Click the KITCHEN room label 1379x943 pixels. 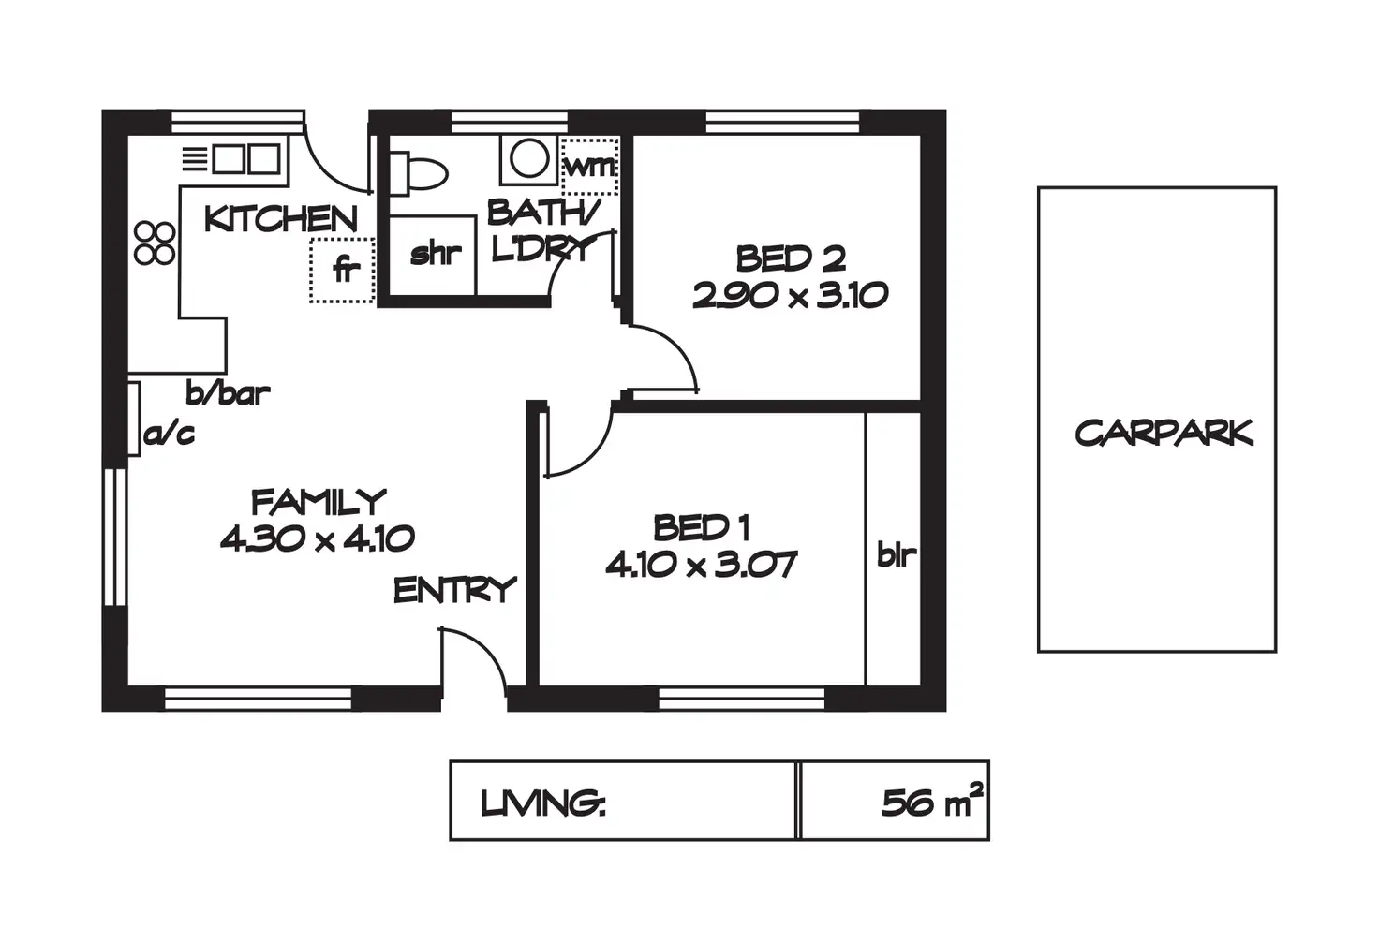coord(281,219)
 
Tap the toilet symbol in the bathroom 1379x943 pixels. coord(419,173)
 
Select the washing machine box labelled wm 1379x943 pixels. coord(589,166)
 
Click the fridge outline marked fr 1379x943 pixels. coord(342,271)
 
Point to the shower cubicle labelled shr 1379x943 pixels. coord(433,255)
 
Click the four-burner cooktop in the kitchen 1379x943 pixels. coord(155,243)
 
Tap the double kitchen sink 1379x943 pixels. coord(246,159)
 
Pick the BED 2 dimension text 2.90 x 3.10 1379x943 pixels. coord(790,296)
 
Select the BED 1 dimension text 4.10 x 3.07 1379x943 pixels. coord(701,565)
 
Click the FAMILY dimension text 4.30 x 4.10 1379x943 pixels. coord(318,538)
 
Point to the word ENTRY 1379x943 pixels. coord(455,590)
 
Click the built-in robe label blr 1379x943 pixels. coord(897,555)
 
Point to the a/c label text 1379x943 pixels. coord(170,434)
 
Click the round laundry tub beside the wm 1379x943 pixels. coord(528,159)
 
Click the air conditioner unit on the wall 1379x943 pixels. coord(134,419)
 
